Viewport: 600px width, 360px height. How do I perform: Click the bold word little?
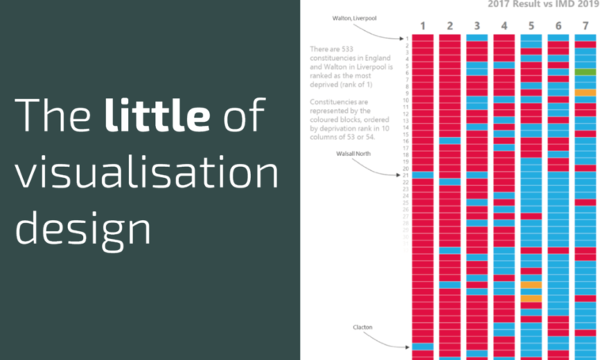157,116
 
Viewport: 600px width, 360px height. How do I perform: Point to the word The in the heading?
54,116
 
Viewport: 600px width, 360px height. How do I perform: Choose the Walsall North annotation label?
353,155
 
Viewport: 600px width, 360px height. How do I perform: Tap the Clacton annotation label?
363,326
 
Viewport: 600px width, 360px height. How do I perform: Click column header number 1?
423,26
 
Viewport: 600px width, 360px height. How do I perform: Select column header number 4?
503,26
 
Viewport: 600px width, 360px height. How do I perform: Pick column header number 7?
585,26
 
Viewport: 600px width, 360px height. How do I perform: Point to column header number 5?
530,26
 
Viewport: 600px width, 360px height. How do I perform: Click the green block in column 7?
585,72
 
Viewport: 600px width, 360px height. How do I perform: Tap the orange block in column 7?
585,93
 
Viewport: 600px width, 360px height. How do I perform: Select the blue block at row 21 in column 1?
423,175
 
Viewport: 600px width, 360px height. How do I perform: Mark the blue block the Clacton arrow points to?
423,346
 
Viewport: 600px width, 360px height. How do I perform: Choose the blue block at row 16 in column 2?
450,141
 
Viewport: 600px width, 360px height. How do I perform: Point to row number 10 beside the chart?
405,100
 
